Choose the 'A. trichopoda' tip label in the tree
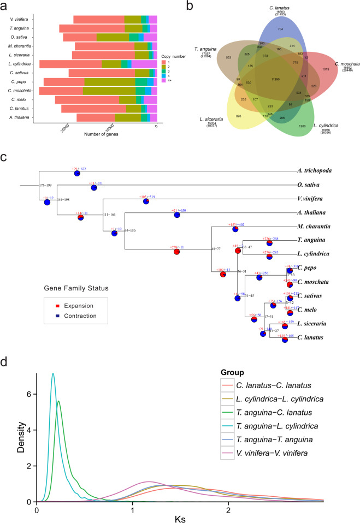(315, 171)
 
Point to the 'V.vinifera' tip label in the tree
(312, 199)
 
